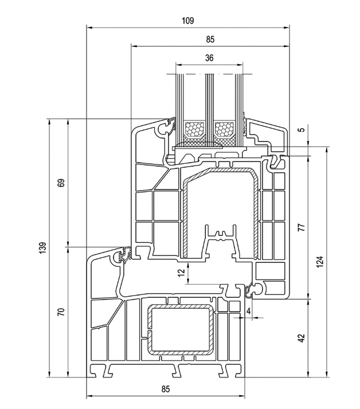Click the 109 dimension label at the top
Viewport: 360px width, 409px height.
(x=188, y=21)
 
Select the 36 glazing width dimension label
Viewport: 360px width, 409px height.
(x=209, y=58)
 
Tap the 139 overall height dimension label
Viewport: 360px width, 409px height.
(x=43, y=248)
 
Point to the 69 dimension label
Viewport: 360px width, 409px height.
(x=61, y=183)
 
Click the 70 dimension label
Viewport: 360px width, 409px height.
(x=61, y=312)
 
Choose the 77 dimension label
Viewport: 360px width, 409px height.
(x=302, y=227)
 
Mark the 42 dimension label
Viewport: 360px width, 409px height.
(x=302, y=338)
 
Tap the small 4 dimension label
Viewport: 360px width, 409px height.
(x=249, y=311)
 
